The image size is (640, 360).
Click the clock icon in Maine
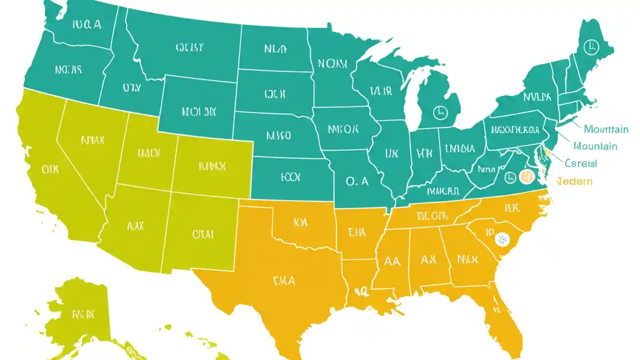[x=591, y=46]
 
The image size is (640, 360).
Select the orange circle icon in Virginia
[x=526, y=176]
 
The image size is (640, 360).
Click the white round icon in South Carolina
[x=501, y=239]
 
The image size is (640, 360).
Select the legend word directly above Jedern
[x=580, y=163]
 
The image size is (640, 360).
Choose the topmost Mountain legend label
[x=605, y=129]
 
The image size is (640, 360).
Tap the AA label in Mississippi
[x=392, y=261]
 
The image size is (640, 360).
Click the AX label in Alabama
[x=428, y=260]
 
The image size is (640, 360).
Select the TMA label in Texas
[x=284, y=281]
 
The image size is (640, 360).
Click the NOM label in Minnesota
[x=332, y=64]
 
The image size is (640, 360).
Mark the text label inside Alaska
[x=83, y=314]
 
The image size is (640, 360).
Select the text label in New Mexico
[x=203, y=233]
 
